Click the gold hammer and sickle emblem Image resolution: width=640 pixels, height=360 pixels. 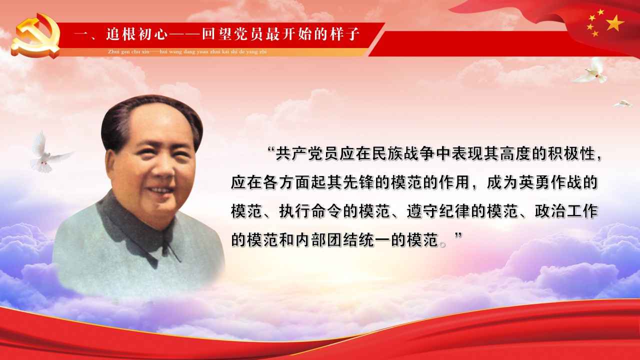point(35,35)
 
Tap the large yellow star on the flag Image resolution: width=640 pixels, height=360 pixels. point(615,23)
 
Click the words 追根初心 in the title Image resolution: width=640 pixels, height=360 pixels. point(136,34)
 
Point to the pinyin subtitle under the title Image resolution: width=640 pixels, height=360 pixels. point(187,52)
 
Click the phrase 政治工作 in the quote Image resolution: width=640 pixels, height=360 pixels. point(566,211)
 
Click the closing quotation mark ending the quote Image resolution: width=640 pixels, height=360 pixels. point(459,235)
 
